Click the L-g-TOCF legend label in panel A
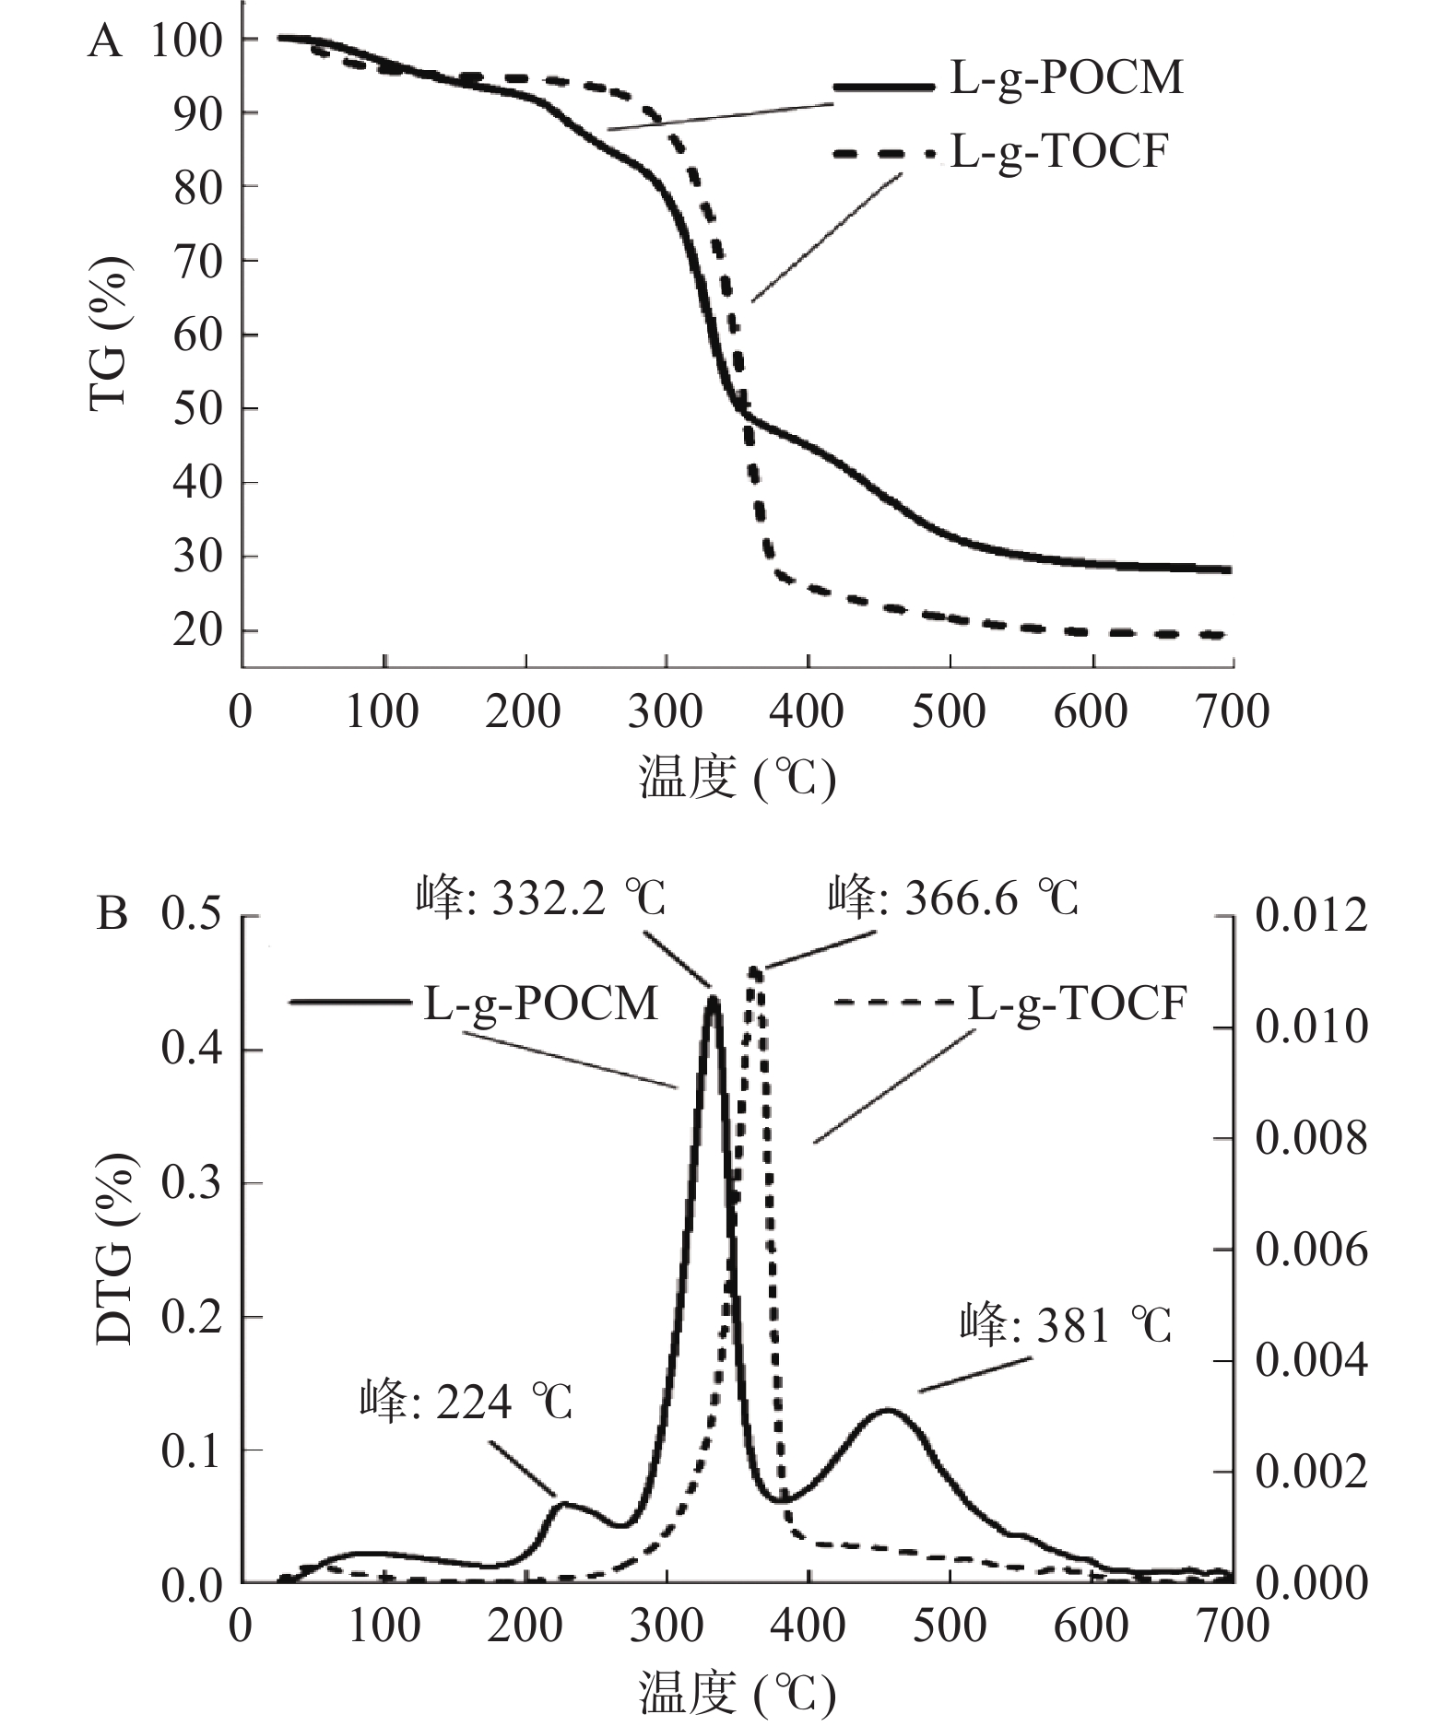click(x=1058, y=151)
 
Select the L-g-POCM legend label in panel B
click(x=541, y=1003)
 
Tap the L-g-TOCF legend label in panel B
click(x=1077, y=1003)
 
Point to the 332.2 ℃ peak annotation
click(x=540, y=898)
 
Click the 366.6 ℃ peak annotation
click(x=953, y=898)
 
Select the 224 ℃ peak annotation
click(x=466, y=1403)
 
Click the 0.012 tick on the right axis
click(x=1311, y=917)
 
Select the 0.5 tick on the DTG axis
click(x=192, y=917)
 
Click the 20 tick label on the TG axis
click(x=198, y=631)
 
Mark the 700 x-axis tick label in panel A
click(x=1232, y=712)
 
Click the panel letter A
click(x=105, y=41)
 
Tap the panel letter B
click(x=112, y=915)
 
